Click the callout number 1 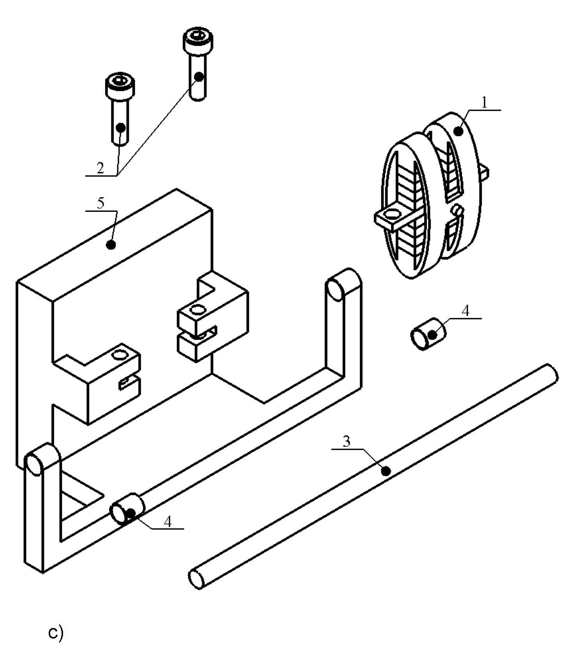[484, 102]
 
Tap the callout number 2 [100, 168]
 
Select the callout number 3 [346, 441]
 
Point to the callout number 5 [101, 203]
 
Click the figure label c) [55, 633]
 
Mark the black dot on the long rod [386, 471]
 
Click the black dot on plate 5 [111, 245]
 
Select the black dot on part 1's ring [460, 131]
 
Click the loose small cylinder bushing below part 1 [428, 334]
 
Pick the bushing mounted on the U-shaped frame [128, 508]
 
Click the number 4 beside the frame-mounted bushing [167, 521]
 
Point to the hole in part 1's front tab [394, 214]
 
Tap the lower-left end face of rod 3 [196, 578]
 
